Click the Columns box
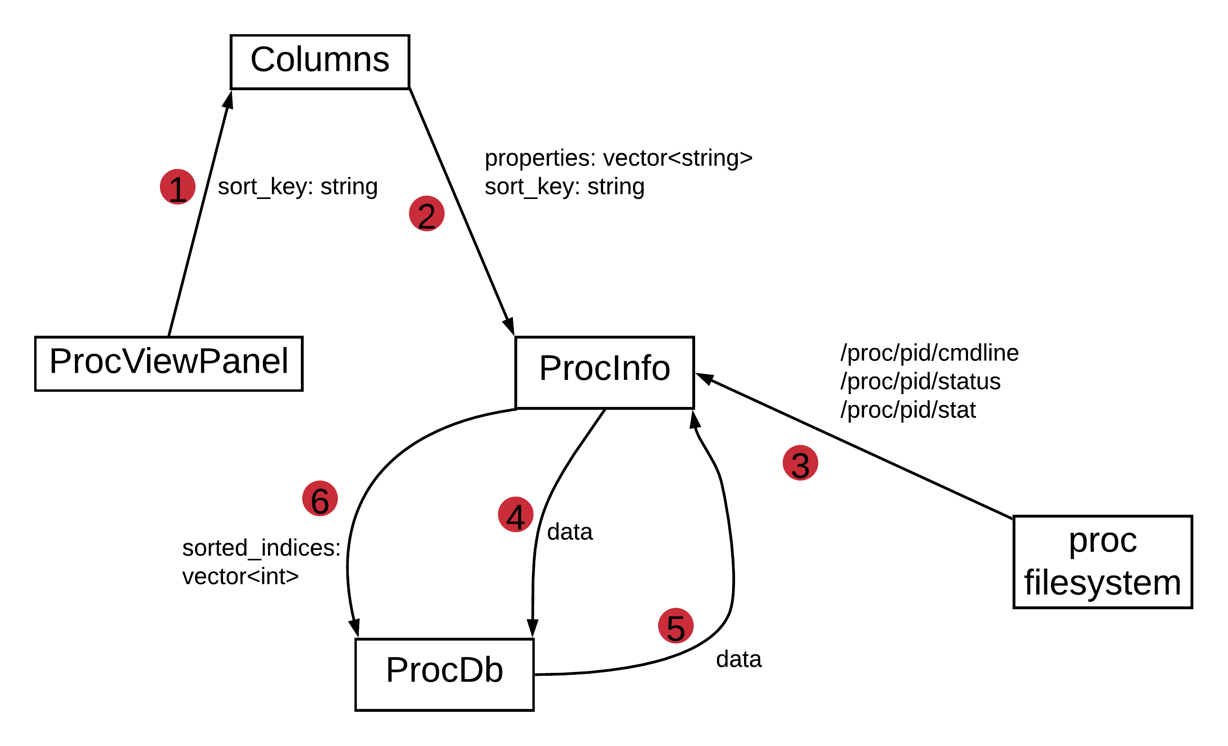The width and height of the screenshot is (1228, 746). [320, 62]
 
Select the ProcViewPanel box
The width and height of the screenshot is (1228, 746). [168, 364]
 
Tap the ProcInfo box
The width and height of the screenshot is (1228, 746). [605, 372]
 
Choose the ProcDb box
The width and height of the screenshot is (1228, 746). [445, 675]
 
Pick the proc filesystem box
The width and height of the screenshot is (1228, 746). [1103, 563]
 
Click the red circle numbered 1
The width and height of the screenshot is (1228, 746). [177, 187]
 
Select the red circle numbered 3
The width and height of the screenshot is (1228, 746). [800, 463]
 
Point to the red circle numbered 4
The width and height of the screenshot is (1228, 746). [516, 515]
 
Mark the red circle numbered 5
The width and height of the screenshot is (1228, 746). [676, 626]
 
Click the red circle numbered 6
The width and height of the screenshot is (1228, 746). [320, 499]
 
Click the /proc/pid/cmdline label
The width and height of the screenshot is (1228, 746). [930, 353]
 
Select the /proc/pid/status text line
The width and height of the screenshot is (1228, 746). [921, 381]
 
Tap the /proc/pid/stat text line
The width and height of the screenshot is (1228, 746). [908, 410]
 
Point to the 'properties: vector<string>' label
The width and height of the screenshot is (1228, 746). [618, 158]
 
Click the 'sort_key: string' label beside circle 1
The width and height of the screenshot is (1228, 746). [298, 187]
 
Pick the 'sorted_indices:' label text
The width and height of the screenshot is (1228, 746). [261, 548]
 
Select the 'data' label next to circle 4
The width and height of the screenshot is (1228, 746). [570, 532]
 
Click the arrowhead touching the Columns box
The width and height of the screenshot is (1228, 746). [228, 100]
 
